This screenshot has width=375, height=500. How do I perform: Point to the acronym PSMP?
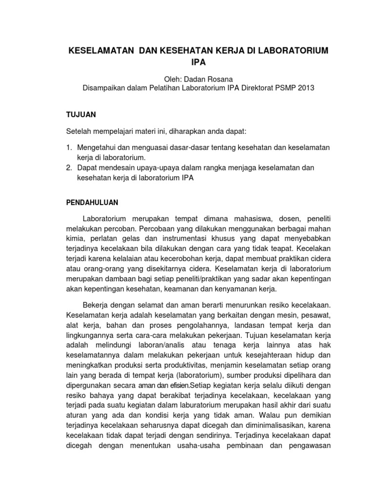(280, 88)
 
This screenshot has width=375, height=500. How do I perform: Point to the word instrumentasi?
(159, 239)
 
